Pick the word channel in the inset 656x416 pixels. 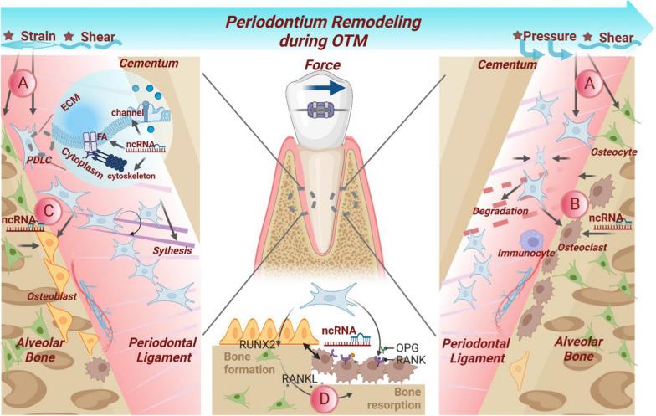point(123,110)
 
